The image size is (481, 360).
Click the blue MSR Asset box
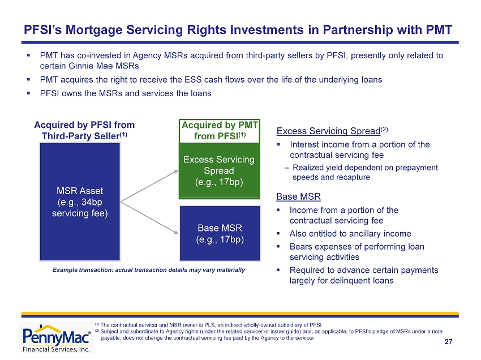coord(80,202)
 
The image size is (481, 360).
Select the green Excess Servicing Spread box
coord(220,170)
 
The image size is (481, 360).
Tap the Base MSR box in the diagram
coord(220,233)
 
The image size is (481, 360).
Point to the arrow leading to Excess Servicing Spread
coord(149,186)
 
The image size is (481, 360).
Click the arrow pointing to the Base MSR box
coord(149,217)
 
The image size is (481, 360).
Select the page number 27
coord(448,341)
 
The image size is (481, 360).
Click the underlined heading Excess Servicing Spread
coord(328,131)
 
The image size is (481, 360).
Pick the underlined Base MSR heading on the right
coord(298,196)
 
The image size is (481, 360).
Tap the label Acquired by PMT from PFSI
coord(220,130)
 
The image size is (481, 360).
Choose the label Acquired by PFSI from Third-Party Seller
coord(84,130)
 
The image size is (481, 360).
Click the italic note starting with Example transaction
coord(149,270)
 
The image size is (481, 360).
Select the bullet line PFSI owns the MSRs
coord(126,93)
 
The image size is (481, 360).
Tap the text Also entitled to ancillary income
coord(350,234)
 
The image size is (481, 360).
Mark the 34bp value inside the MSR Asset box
coord(92,202)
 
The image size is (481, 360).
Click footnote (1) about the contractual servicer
coord(208,325)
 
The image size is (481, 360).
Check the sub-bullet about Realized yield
coord(365,172)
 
